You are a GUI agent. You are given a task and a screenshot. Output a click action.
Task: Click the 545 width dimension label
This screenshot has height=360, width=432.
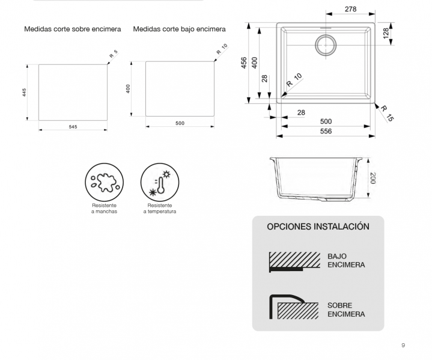(x=73, y=127)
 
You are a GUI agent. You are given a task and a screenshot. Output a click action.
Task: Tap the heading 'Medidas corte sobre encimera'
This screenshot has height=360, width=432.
(x=73, y=29)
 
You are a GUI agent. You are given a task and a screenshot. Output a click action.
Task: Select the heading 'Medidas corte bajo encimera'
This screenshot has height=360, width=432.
(x=179, y=29)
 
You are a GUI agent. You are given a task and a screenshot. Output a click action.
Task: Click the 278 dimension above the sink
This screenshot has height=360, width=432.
(x=351, y=9)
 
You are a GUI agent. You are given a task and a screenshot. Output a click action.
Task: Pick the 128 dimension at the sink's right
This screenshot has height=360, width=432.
(x=385, y=33)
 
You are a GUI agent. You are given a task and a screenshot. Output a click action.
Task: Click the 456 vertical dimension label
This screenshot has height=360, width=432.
(x=244, y=63)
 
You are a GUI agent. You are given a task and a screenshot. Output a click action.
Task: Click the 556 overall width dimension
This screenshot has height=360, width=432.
(x=326, y=131)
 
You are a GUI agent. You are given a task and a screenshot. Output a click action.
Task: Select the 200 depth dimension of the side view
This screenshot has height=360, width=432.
(x=373, y=178)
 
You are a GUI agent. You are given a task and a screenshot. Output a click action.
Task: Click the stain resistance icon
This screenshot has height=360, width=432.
(x=104, y=182)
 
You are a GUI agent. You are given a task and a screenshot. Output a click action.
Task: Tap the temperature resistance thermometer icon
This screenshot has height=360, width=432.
(x=159, y=182)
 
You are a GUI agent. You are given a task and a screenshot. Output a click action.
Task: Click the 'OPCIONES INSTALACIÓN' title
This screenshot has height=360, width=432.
(x=318, y=227)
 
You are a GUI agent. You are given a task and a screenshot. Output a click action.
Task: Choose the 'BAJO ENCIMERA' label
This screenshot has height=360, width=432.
(x=346, y=260)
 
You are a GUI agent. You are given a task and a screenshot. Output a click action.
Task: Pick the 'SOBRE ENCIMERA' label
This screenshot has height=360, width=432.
(x=346, y=310)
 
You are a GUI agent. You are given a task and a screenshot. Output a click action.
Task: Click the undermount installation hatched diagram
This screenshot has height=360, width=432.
(x=294, y=261)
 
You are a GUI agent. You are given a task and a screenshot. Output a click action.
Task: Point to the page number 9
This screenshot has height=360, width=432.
(x=403, y=345)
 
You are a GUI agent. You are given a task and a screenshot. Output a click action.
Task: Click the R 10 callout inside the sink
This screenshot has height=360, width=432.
(x=294, y=80)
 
